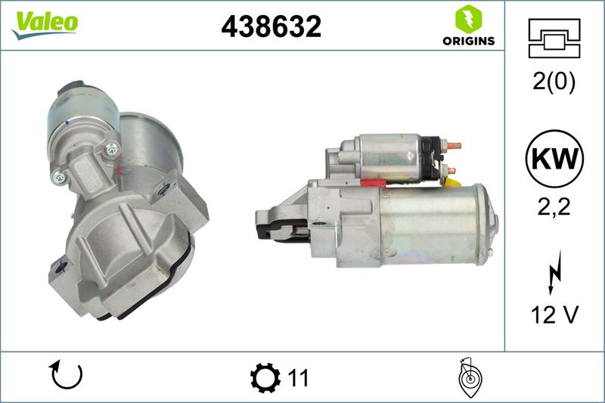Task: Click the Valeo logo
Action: pos(45,25)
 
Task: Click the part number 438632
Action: pos(271,26)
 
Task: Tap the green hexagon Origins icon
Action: pos(468,19)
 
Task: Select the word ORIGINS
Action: pos(468,41)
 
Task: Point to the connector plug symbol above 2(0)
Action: pos(554,38)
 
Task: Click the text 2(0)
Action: pos(554,82)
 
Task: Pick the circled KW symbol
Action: pos(554,159)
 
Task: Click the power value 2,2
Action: pos(554,207)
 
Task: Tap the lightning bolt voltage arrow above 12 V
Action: pos(554,271)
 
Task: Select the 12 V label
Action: pos(555,315)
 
